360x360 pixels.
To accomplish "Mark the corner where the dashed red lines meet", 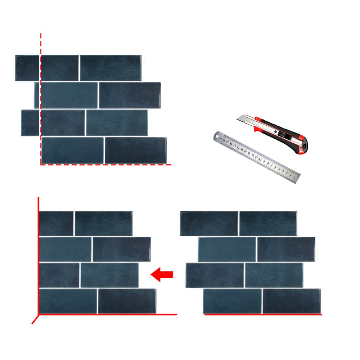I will (41, 165).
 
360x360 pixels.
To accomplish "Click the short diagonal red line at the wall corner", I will (35, 319).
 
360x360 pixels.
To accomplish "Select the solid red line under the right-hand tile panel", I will (263, 315).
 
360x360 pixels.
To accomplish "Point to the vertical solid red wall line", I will (38, 252).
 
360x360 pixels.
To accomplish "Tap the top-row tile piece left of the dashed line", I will (27, 68).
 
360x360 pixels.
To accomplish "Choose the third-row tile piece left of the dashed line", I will (30, 123).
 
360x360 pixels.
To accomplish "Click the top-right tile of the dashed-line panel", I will (110, 68).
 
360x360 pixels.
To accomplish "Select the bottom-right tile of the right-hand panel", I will (291, 301).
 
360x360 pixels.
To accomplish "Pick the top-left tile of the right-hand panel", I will (209, 224).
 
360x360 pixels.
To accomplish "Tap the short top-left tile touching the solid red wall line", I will (57, 224).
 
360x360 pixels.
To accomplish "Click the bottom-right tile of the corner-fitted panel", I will (127, 301).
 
